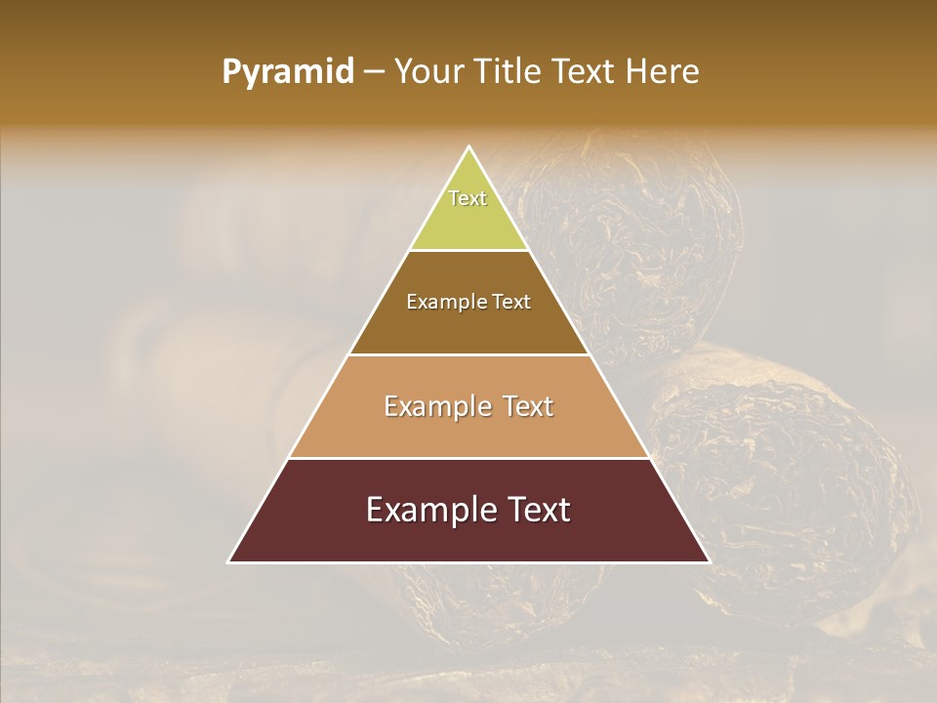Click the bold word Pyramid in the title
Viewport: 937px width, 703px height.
(287, 72)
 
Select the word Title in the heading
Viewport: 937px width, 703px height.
(509, 72)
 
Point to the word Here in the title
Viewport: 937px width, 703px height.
(663, 72)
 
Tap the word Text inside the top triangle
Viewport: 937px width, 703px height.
(468, 198)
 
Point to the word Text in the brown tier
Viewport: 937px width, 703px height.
(511, 303)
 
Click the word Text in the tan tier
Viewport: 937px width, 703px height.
(528, 406)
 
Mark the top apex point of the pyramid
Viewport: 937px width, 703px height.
(468, 147)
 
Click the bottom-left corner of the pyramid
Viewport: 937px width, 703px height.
(228, 561)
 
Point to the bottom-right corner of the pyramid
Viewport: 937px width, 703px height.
(709, 561)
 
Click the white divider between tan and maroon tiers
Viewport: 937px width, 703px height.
(468, 458)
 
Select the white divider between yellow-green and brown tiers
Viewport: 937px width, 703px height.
(468, 251)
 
